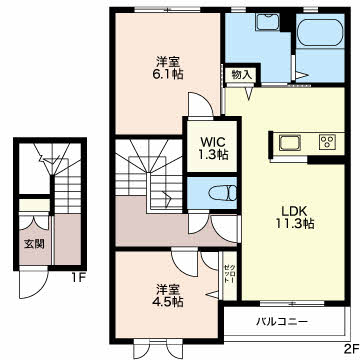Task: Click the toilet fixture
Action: click(222, 193)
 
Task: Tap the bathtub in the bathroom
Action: click(319, 33)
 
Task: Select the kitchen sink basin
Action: click(289, 143)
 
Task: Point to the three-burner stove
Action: click(327, 142)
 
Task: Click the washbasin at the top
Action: click(269, 23)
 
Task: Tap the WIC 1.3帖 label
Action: click(214, 148)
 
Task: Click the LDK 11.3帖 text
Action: click(294, 217)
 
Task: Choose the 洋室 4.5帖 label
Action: click(169, 295)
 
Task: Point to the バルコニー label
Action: click(282, 322)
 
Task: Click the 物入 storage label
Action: click(241, 75)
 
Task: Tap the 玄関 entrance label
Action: click(34, 244)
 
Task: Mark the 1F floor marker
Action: click(79, 277)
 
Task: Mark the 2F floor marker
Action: click(352, 351)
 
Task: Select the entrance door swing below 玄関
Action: click(33, 283)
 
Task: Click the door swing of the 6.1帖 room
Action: click(200, 105)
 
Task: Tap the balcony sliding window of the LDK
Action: click(292, 303)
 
